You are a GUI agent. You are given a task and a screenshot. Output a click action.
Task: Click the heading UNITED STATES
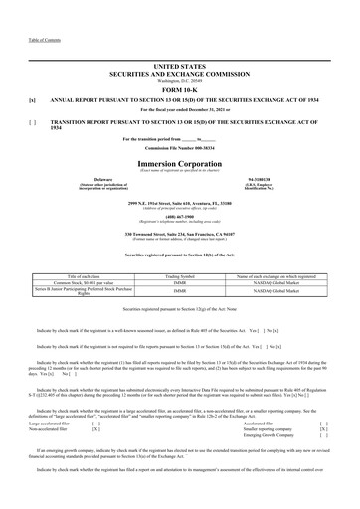[x=179, y=63]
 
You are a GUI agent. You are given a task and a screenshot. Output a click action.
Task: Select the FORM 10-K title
[x=179, y=89]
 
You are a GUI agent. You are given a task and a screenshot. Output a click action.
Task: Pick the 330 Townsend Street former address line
[x=179, y=234]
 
